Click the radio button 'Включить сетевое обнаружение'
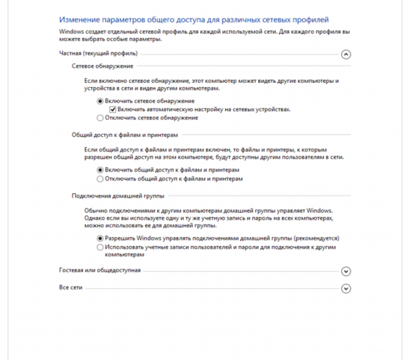100,101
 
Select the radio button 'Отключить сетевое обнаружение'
100,118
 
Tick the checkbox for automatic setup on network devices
113,110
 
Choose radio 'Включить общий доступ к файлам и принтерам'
100,170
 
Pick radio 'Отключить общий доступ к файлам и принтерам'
100,179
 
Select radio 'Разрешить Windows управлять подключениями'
100,238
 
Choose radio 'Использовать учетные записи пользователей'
100,247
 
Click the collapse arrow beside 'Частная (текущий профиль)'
346,55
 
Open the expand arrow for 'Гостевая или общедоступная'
346,271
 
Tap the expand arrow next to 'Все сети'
346,289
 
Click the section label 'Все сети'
71,288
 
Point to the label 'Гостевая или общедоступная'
100,270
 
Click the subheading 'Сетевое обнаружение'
102,66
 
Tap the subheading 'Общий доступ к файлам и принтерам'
124,135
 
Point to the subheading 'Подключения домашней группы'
118,196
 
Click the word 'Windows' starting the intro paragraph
69,31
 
